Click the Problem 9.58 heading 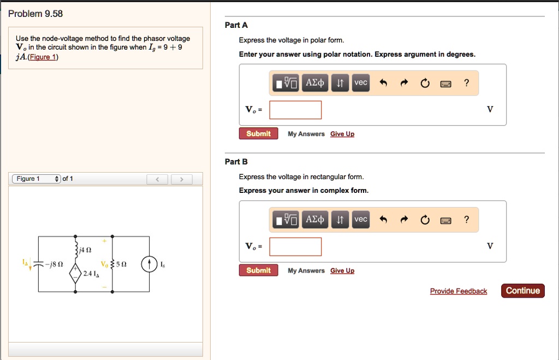tap(35, 14)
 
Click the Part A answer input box tap(295, 110)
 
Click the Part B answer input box tap(295, 246)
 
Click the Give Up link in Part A tap(342, 134)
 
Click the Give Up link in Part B tap(342, 271)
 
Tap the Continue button tap(522, 291)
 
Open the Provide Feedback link tap(458, 291)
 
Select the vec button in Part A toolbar tap(361, 82)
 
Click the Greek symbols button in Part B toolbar tap(315, 220)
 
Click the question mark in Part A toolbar tap(466, 83)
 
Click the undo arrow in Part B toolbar tap(383, 220)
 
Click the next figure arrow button tap(182, 179)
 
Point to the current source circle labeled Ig tap(150, 264)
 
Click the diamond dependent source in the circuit tap(75, 273)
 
